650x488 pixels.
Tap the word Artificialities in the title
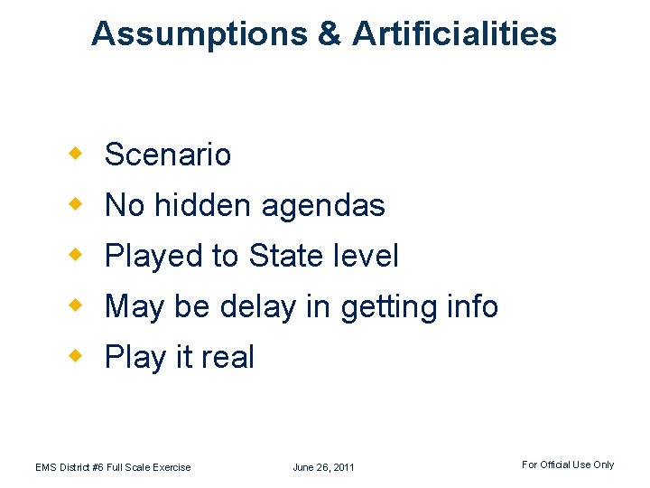pos(454,33)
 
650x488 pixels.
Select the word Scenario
pos(168,155)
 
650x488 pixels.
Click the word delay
pos(255,307)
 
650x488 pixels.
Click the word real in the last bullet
pos(227,357)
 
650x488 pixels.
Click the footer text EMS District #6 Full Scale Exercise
pos(113,467)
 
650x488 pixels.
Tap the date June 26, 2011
pos(323,467)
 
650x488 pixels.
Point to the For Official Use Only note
pos(567,465)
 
